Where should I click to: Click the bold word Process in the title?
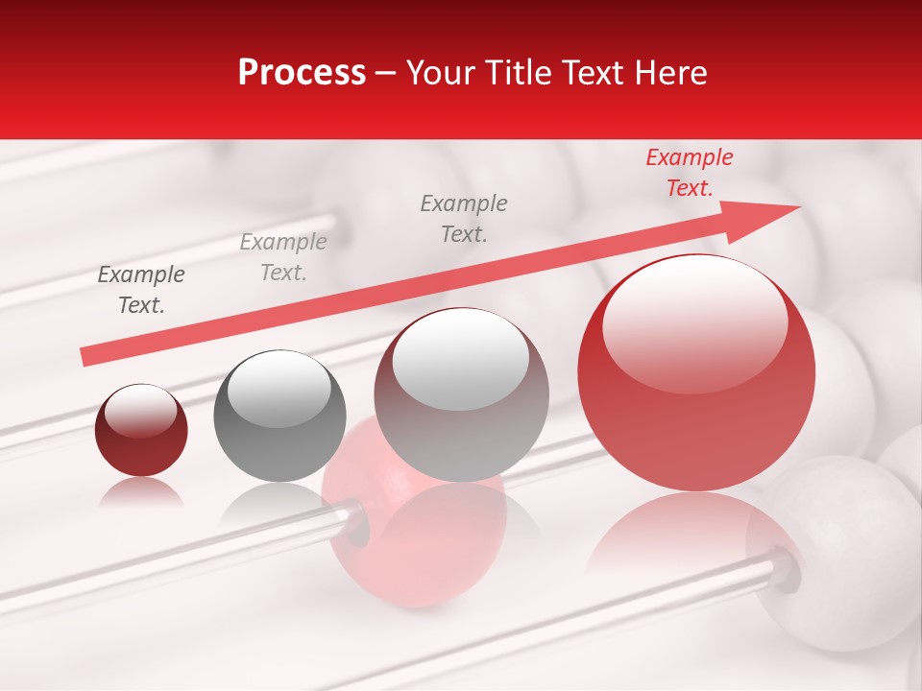click(302, 73)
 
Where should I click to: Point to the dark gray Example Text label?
click(141, 290)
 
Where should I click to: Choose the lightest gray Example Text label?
click(283, 257)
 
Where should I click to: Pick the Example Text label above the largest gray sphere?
click(464, 218)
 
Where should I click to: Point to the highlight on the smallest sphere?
click(140, 411)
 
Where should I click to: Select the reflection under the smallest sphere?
click(141, 491)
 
